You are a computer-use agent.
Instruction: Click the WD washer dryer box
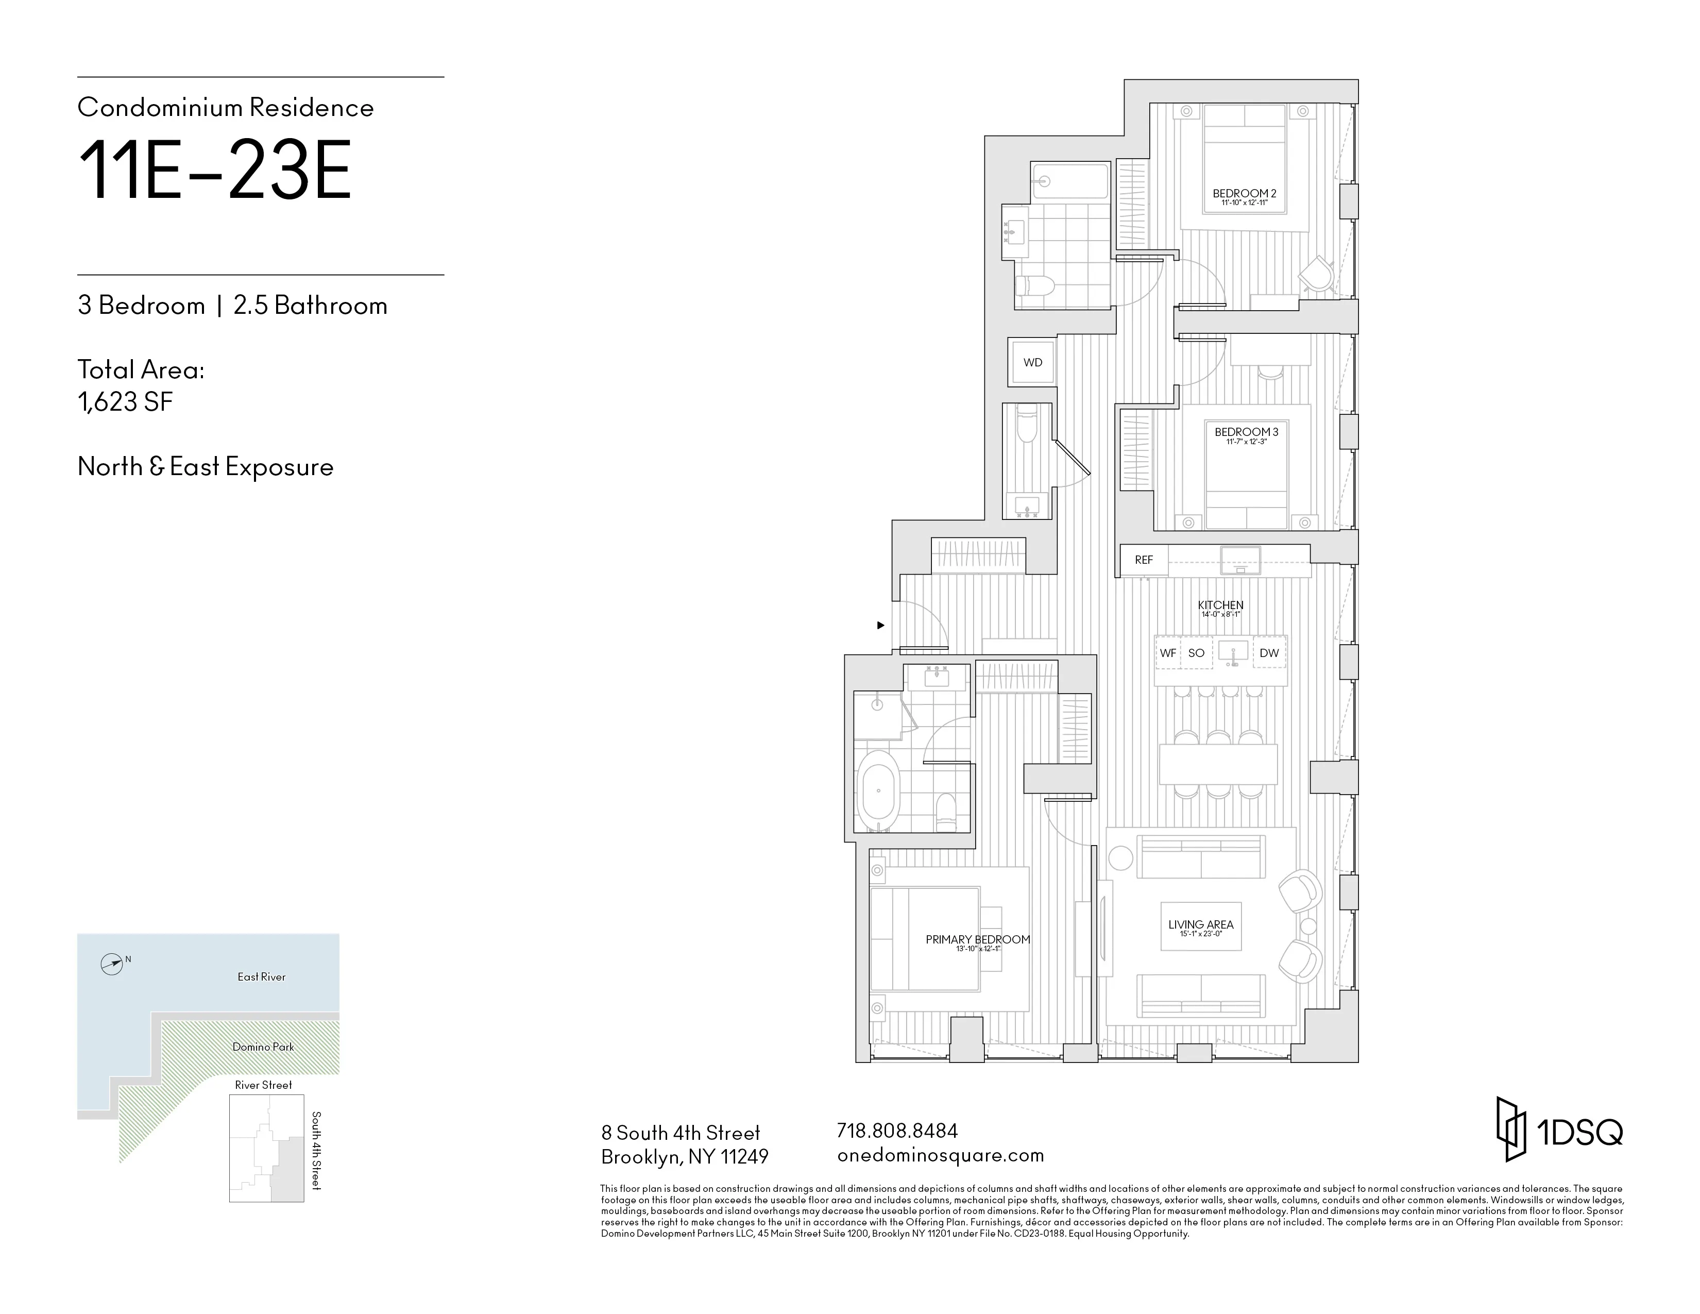pyautogui.click(x=1032, y=363)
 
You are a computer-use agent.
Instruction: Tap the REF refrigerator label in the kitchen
pyautogui.click(x=1144, y=560)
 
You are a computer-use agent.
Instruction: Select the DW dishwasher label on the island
pyautogui.click(x=1269, y=653)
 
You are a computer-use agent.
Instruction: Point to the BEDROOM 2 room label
pyautogui.click(x=1244, y=194)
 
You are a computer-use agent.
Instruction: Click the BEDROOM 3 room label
pyautogui.click(x=1246, y=432)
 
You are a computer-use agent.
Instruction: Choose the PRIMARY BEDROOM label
pyautogui.click(x=978, y=939)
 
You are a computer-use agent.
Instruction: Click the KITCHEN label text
pyautogui.click(x=1220, y=605)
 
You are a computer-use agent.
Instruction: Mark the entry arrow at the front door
pyautogui.click(x=880, y=625)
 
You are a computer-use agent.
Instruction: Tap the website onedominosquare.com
pyautogui.click(x=940, y=1155)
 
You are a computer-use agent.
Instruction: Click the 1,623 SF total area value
pyautogui.click(x=125, y=402)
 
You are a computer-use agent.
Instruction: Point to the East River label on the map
pyautogui.click(x=262, y=977)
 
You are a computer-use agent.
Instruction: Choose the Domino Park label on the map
pyautogui.click(x=263, y=1047)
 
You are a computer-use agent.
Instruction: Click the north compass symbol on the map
pyautogui.click(x=112, y=965)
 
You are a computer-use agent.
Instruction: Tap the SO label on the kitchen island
pyautogui.click(x=1196, y=653)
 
